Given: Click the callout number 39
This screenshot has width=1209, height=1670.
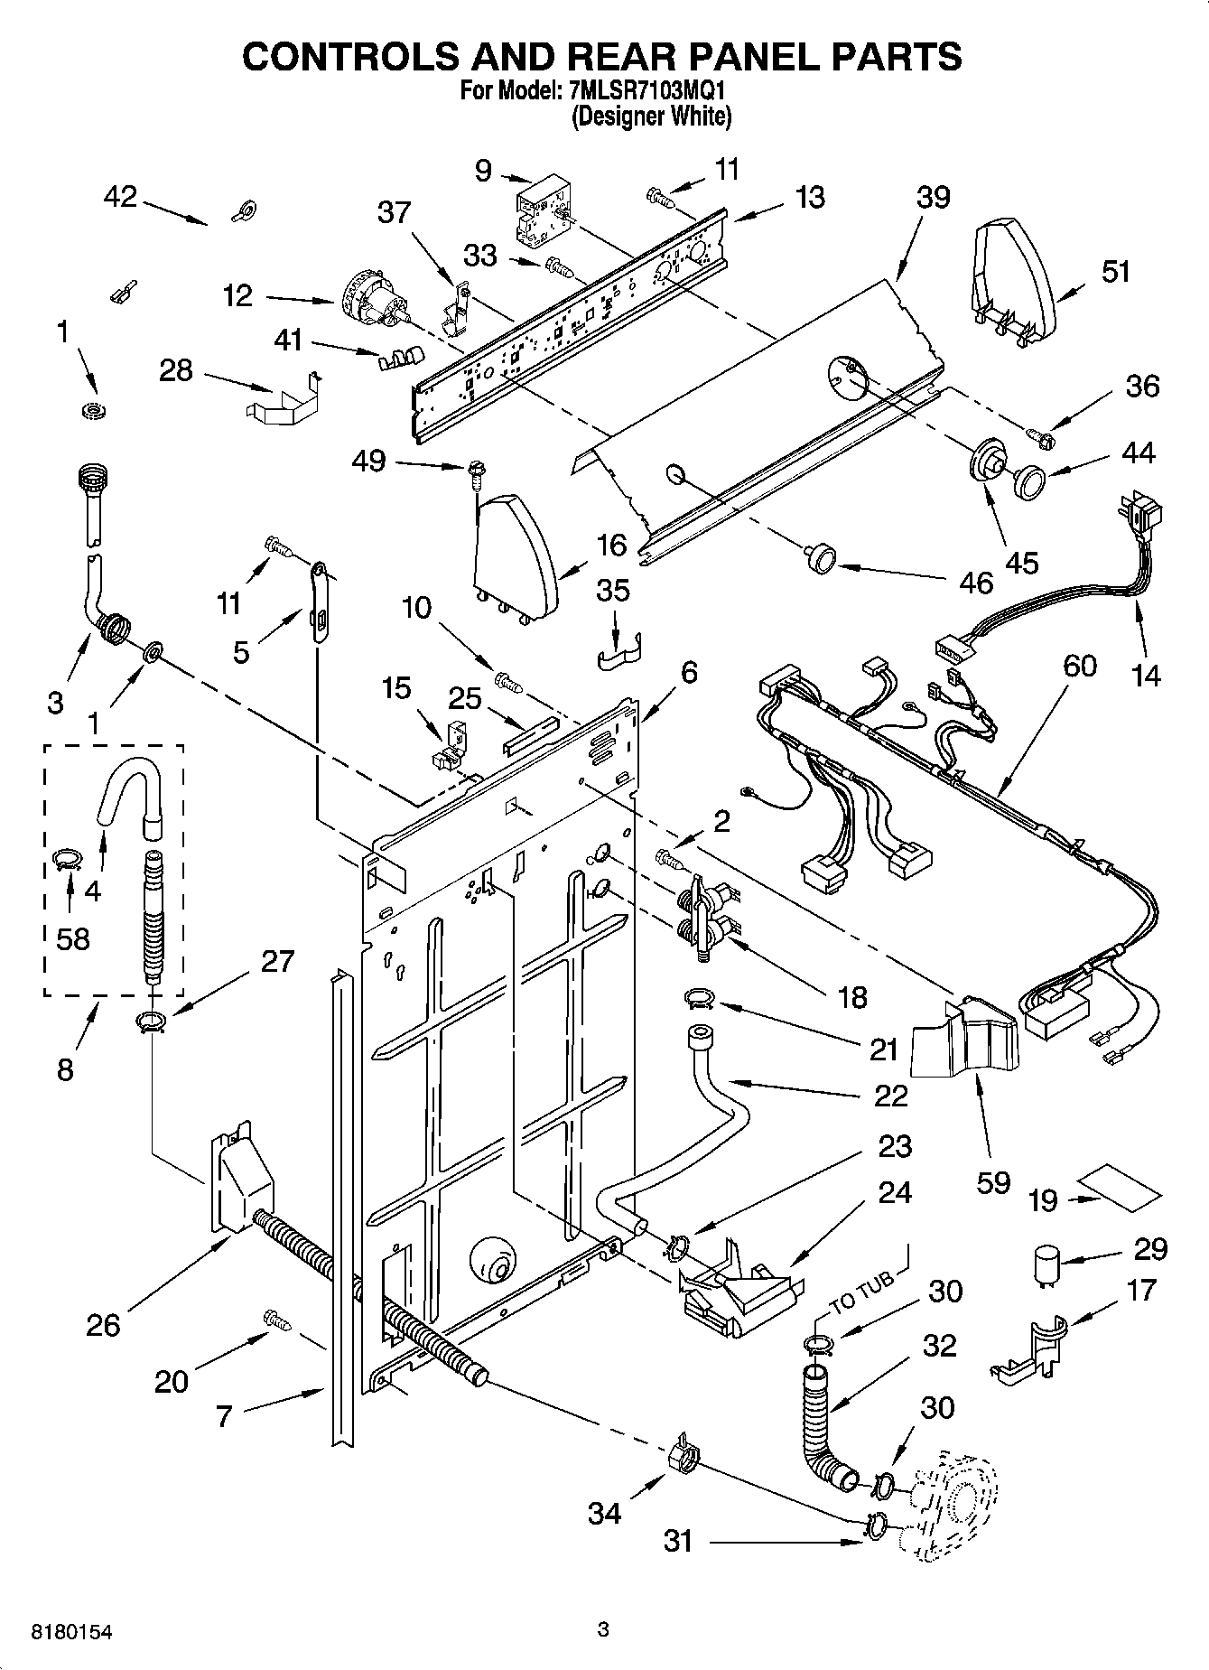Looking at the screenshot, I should click(933, 197).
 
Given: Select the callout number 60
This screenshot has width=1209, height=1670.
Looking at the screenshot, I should click(1079, 666).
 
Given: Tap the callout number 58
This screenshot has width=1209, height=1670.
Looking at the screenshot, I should click(72, 938).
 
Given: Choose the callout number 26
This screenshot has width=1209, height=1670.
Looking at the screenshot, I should click(103, 1324).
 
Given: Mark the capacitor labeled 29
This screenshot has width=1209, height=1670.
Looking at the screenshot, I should click(1046, 1264).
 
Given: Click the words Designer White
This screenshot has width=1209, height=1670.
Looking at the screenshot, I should click(651, 116).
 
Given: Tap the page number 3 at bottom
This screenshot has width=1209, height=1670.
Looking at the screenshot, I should click(603, 1629).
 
